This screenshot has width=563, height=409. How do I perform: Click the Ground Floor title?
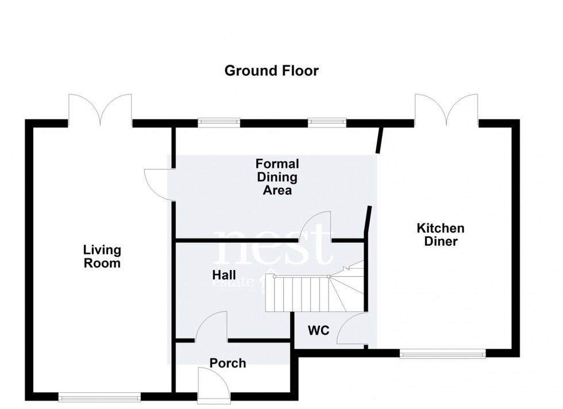pyautogui.click(x=271, y=71)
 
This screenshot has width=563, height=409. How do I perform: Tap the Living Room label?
pyautogui.click(x=102, y=257)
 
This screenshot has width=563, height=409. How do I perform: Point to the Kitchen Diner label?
pyautogui.click(x=441, y=235)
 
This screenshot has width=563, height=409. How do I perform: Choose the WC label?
pyautogui.click(x=318, y=331)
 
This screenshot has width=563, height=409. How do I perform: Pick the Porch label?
pyautogui.click(x=227, y=363)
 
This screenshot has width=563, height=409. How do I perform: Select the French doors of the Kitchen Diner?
pyautogui.click(x=446, y=110)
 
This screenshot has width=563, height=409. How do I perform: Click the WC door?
pyautogui.click(x=350, y=330)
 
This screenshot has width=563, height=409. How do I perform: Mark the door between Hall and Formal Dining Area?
pyautogui.click(x=317, y=226)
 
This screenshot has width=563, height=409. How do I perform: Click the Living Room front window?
pyautogui.click(x=99, y=396)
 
